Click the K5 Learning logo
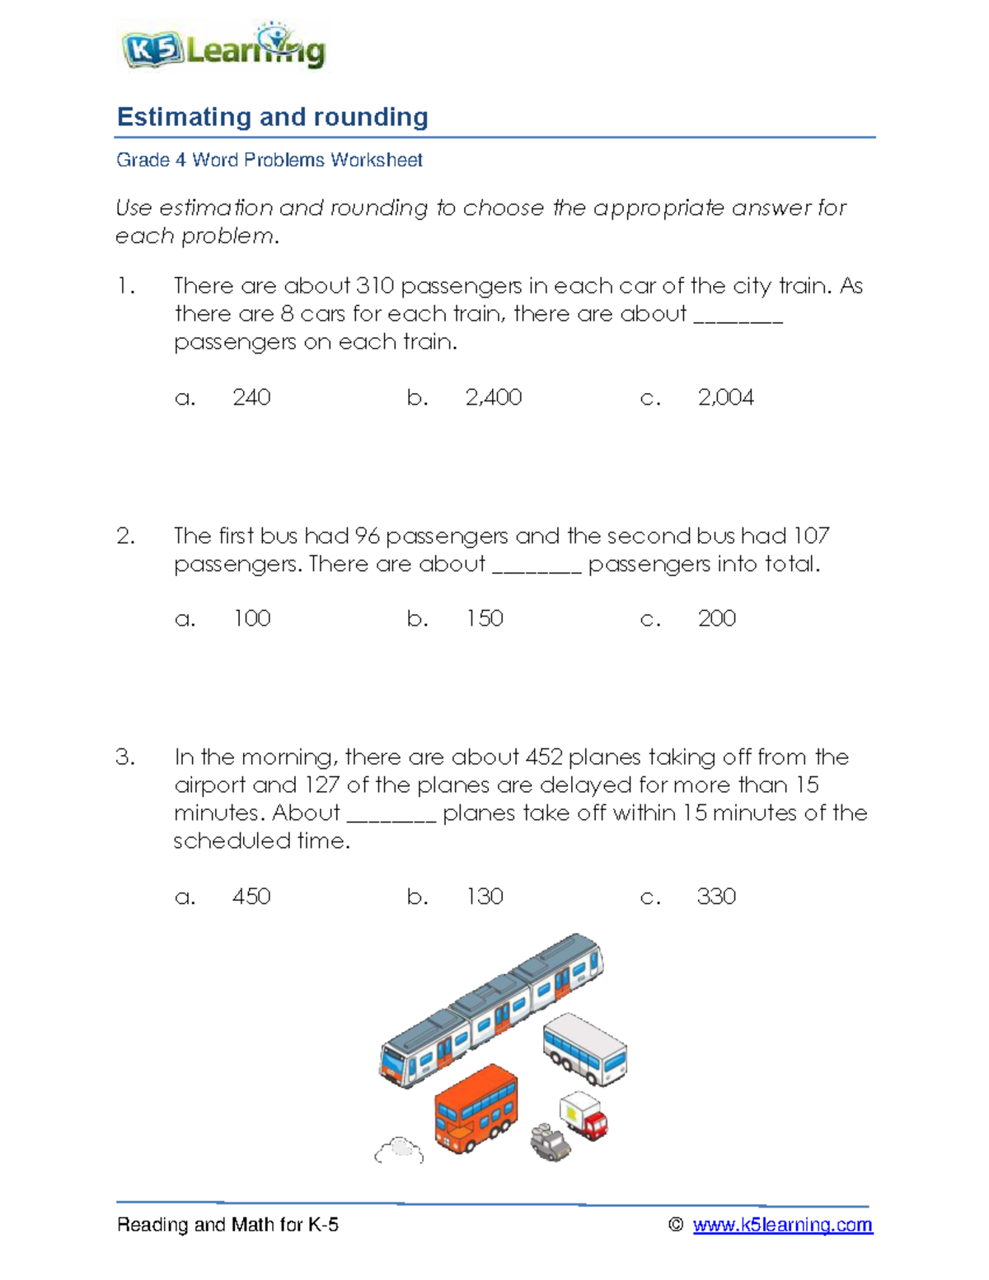pyautogui.click(x=223, y=49)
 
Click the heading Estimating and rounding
pyautogui.click(x=272, y=117)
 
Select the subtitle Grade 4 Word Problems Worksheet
pyautogui.click(x=269, y=160)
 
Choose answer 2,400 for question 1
pyautogui.click(x=493, y=397)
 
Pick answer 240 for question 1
pyautogui.click(x=251, y=397)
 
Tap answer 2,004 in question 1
pyautogui.click(x=725, y=397)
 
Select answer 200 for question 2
pyautogui.click(x=716, y=618)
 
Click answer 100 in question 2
pyautogui.click(x=251, y=618)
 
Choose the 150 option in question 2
pyautogui.click(x=485, y=618)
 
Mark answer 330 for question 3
pyautogui.click(x=716, y=896)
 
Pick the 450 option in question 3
pyautogui.click(x=251, y=896)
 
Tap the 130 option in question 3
pyautogui.click(x=485, y=896)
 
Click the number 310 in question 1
pyautogui.click(x=374, y=286)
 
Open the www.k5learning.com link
pyautogui.click(x=782, y=1225)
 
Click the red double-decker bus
pyautogui.click(x=476, y=1109)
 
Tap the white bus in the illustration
pyautogui.click(x=584, y=1049)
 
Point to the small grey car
pyautogui.click(x=551, y=1142)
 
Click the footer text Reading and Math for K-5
pyautogui.click(x=227, y=1225)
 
